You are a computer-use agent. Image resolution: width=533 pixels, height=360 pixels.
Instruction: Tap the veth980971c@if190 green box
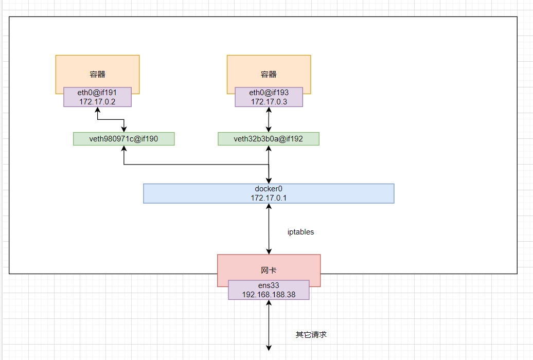[124, 139]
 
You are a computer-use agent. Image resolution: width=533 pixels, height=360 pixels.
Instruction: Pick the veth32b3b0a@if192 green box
[269, 139]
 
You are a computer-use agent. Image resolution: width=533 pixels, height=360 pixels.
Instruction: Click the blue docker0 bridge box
[269, 193]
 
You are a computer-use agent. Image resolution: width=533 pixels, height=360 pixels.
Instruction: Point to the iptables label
[300, 232]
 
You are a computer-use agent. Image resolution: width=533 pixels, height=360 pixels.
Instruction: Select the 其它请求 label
[311, 335]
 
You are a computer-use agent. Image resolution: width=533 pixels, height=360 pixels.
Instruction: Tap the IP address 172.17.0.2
[97, 102]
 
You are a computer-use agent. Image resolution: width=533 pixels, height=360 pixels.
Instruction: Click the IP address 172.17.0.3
[269, 102]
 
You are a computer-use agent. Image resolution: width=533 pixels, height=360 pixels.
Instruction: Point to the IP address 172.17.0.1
[269, 198]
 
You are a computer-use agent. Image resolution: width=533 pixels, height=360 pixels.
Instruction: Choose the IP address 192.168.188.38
[269, 295]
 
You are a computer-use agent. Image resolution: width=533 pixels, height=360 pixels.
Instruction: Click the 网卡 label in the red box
[269, 270]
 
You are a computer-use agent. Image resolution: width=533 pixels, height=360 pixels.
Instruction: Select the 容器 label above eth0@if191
[97, 74]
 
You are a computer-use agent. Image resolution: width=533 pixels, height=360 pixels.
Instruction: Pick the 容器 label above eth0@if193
[269, 74]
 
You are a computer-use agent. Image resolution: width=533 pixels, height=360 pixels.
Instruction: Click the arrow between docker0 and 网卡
[269, 229]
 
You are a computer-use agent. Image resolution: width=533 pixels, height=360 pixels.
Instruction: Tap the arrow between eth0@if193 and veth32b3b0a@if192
[269, 120]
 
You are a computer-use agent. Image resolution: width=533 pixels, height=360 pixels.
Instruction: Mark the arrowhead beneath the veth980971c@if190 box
[124, 149]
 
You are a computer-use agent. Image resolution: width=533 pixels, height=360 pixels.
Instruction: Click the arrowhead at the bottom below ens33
[269, 348]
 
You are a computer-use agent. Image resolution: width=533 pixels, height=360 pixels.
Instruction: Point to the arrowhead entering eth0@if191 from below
[97, 110]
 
